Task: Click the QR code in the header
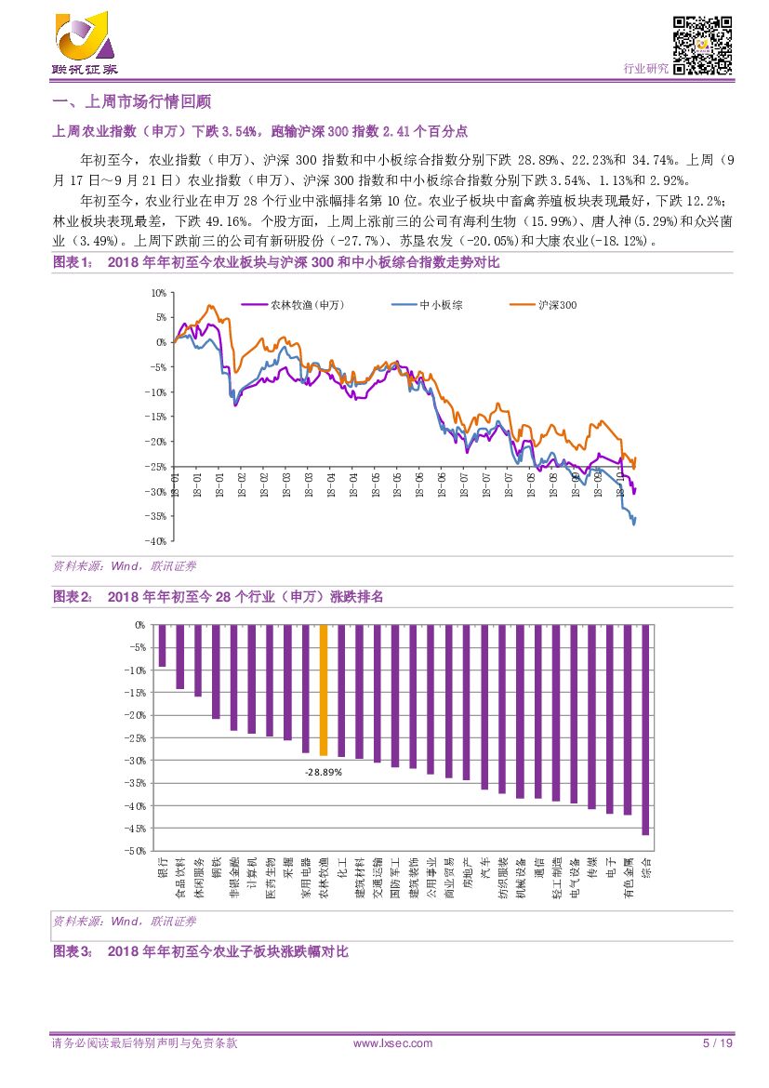702,45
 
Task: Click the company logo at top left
84,43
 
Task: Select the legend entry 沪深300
558,304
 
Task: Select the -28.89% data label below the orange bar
324,772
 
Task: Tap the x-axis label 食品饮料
180,880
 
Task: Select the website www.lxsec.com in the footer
393,1043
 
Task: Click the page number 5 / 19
718,1043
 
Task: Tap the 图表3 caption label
72,951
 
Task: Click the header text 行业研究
645,69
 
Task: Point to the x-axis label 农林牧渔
324,880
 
